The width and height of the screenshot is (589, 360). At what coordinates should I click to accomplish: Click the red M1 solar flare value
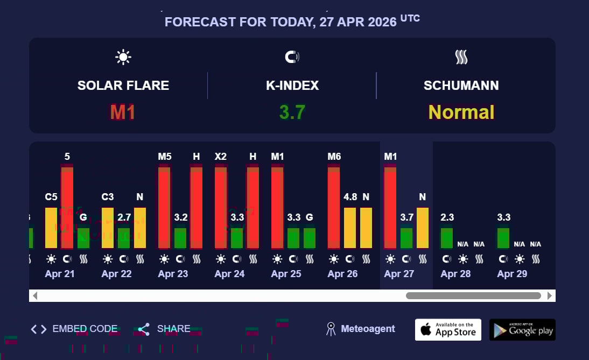(123, 112)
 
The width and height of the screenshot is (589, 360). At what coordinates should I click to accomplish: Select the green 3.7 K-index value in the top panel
(292, 112)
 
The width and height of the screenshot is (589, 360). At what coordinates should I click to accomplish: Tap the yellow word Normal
(461, 112)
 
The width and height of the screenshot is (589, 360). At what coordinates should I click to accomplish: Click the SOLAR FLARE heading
(123, 86)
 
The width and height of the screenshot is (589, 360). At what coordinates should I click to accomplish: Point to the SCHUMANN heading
(461, 86)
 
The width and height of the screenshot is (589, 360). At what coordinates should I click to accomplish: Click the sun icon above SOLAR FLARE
(123, 57)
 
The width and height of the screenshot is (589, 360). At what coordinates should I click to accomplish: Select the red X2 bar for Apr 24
(221, 207)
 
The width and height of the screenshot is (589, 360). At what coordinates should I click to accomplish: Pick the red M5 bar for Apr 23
(164, 207)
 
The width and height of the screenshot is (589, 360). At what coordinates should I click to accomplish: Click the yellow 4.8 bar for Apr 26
(350, 228)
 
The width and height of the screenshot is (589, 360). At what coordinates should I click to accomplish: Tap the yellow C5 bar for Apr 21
(51, 228)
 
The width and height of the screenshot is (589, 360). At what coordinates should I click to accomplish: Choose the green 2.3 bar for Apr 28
(447, 238)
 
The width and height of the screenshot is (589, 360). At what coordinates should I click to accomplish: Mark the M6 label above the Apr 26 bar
(334, 157)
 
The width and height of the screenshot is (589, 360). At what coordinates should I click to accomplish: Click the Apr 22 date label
(116, 274)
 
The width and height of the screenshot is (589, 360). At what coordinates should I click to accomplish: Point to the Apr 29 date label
(512, 274)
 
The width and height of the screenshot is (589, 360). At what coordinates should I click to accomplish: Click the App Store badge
(448, 329)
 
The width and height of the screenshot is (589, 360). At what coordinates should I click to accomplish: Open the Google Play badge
(522, 329)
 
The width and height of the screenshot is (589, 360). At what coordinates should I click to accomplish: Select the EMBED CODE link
(85, 329)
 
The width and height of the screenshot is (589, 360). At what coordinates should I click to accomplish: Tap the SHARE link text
(173, 329)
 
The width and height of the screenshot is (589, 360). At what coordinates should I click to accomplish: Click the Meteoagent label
(368, 329)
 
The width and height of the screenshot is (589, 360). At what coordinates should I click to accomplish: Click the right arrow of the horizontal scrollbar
(550, 295)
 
